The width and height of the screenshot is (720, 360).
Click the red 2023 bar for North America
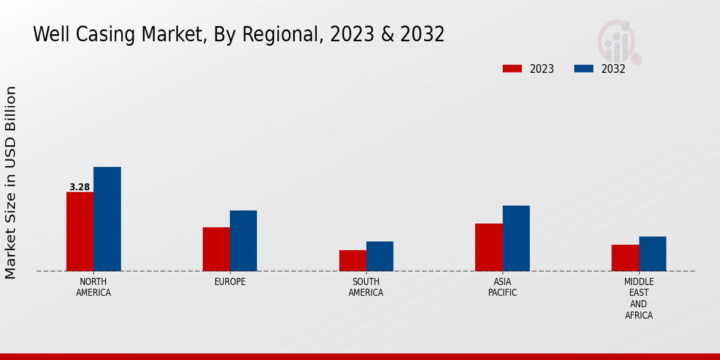[80, 232]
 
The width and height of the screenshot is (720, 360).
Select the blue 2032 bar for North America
[107, 219]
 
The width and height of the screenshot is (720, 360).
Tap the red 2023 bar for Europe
[216, 249]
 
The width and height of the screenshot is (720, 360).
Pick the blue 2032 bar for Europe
[243, 241]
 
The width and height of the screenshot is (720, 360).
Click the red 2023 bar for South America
[352, 260]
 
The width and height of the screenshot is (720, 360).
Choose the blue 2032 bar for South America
[380, 256]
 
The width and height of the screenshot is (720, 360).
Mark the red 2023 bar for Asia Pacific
[489, 247]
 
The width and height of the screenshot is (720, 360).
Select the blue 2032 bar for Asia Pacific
[516, 238]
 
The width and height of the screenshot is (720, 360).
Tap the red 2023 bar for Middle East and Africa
[625, 258]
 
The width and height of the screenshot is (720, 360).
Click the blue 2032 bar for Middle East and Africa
[652, 254]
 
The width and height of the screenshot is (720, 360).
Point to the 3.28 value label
[80, 187]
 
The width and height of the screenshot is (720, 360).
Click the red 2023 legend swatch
[512, 68]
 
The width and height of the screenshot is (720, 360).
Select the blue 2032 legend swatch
[583, 68]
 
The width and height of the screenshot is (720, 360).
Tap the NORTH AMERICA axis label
[94, 287]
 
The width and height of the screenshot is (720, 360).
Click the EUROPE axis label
[230, 282]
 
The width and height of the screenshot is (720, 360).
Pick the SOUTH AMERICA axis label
[366, 287]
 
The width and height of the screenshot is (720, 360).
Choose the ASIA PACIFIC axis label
[502, 287]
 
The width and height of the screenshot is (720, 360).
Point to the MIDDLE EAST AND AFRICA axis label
[639, 299]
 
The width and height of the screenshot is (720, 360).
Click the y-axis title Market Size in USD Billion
[11, 182]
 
